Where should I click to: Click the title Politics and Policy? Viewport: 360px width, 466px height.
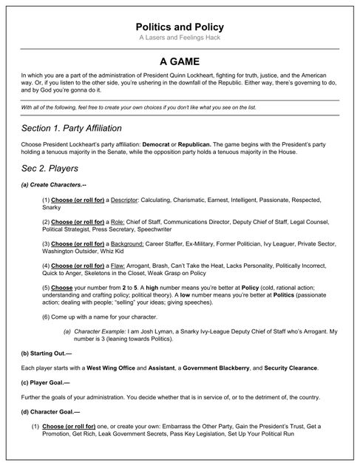[x=180, y=27]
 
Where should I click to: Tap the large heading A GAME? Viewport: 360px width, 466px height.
[x=180, y=62]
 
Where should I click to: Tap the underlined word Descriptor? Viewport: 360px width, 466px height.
[x=122, y=200]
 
